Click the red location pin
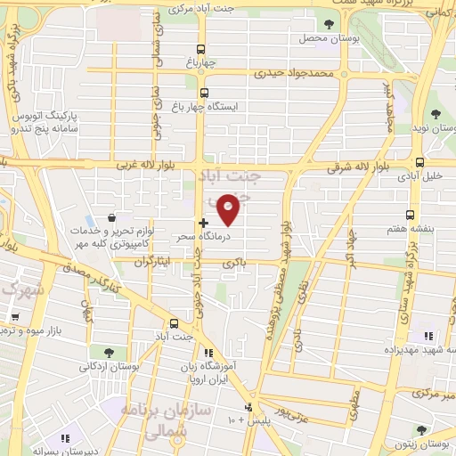coord(229,210)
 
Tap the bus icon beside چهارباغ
coord(204,50)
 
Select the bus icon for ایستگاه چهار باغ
coord(204,93)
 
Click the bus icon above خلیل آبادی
coord(419,162)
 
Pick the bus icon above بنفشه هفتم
coord(411,215)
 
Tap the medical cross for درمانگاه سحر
coord(204,222)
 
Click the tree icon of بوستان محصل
coord(330,25)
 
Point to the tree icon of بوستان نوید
coord(436,114)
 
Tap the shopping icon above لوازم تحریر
coord(110,217)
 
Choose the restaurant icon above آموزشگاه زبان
coord(208,352)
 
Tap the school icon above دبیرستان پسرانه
coord(65,438)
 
